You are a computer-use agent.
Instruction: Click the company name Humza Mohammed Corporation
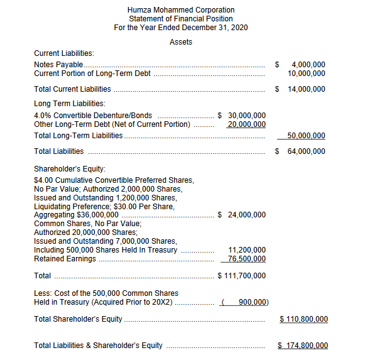click(x=181, y=10)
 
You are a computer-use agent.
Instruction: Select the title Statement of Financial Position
click(x=181, y=19)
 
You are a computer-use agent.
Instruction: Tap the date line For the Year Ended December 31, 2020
click(x=181, y=28)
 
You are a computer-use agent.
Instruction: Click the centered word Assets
click(x=181, y=42)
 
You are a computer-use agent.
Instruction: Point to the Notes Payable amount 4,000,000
click(x=308, y=65)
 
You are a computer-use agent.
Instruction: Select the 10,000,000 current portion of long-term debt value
click(x=307, y=74)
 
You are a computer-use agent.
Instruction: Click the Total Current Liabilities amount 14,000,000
click(x=307, y=89)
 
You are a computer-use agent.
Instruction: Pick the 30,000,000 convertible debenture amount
click(x=246, y=116)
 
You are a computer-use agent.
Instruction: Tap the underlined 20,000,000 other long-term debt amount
click(x=246, y=124)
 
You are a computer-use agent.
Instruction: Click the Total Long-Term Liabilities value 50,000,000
click(x=307, y=136)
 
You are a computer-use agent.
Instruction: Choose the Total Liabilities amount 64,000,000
click(x=307, y=151)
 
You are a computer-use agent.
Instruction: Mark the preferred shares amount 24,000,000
click(x=246, y=215)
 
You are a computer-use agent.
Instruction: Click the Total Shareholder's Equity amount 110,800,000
click(x=303, y=319)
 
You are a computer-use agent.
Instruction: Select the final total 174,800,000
click(x=303, y=346)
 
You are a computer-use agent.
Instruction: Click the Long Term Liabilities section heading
click(x=70, y=104)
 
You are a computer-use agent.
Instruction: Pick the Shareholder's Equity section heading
click(x=70, y=168)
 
